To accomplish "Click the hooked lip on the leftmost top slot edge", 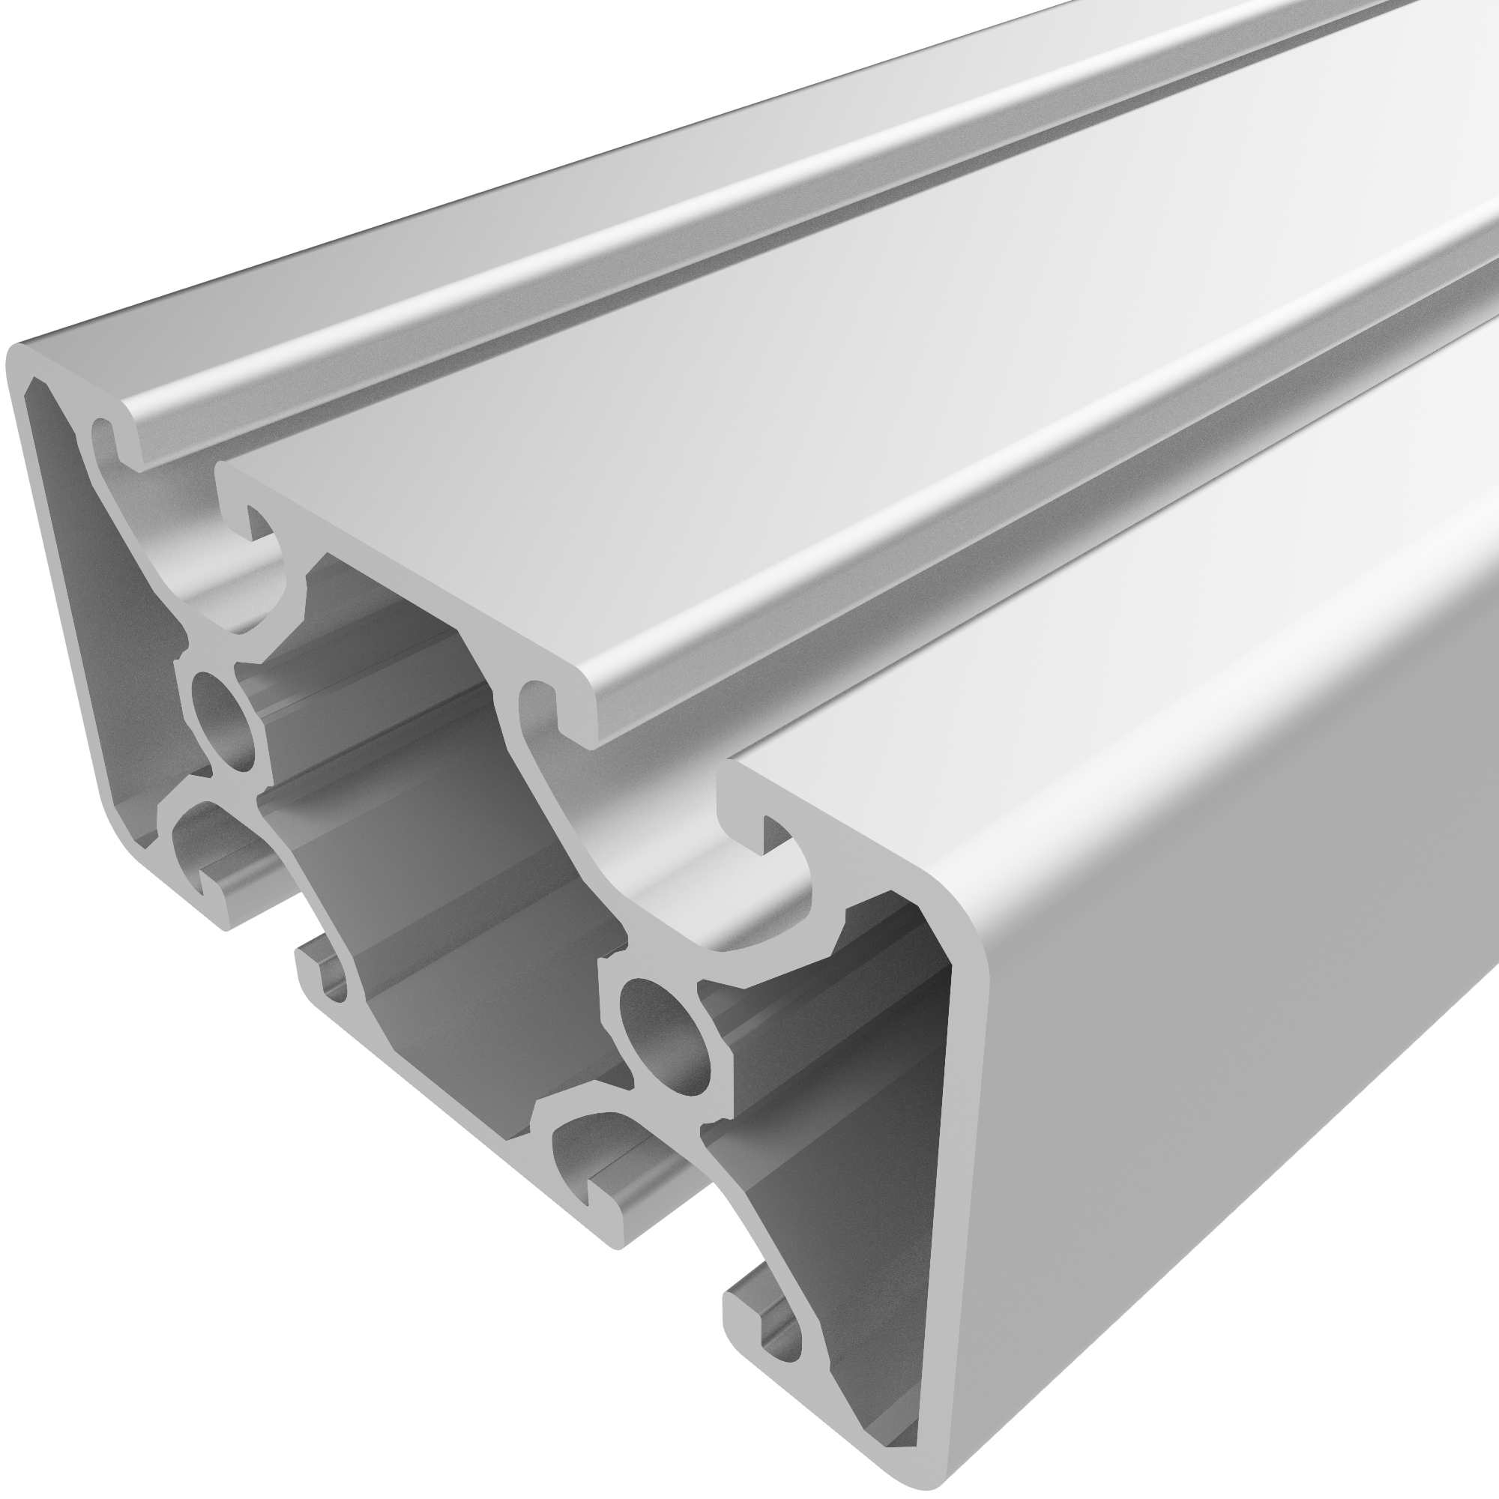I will click(x=109, y=435).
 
